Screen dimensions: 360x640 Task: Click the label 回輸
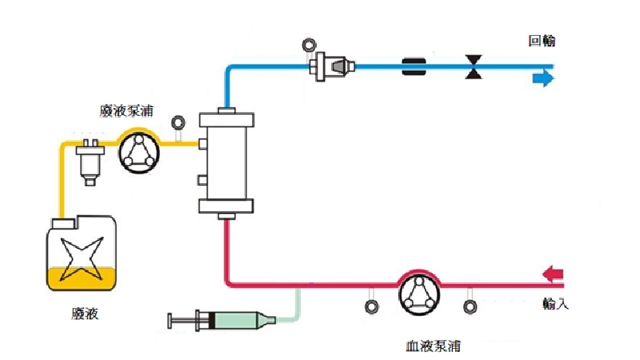click(541, 41)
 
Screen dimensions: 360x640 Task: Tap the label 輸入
click(554, 304)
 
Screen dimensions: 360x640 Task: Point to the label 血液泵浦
click(433, 346)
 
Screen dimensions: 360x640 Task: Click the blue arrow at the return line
click(543, 78)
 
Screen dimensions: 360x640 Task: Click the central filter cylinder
click(227, 164)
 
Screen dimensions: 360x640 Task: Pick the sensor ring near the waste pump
click(179, 122)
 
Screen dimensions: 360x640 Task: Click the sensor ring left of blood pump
click(370, 306)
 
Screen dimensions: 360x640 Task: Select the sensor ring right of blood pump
click(470, 306)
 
